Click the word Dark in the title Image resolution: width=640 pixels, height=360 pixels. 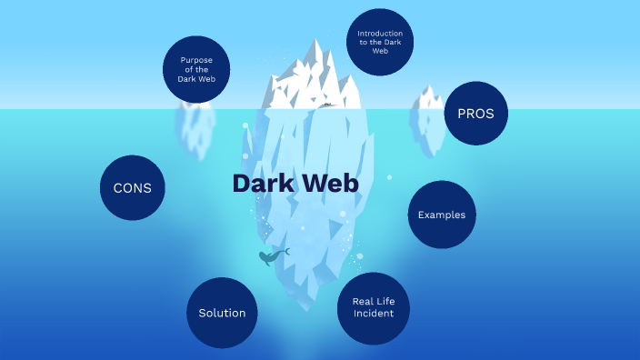coord(261,183)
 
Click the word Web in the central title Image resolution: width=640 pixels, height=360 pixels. coord(330,183)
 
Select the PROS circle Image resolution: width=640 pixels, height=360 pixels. coord(475,115)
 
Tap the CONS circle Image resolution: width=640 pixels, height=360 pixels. coord(132,188)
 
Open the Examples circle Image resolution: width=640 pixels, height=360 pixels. coord(442,215)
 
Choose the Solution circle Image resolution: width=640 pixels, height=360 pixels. coord(222,313)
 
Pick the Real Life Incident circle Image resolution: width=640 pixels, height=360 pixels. coord(373,307)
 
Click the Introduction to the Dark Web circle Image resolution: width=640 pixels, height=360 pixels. coord(380,42)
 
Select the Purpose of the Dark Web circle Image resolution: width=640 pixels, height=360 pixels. coord(196,69)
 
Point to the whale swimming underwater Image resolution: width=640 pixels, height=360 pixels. coord(269,258)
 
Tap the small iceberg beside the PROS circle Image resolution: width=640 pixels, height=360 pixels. coord(426,118)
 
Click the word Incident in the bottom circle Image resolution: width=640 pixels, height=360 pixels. coord(373,314)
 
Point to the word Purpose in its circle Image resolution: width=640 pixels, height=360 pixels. coord(196,60)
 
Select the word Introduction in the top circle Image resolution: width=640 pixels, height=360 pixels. coord(380,34)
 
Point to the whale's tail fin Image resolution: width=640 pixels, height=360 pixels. coord(285,251)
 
